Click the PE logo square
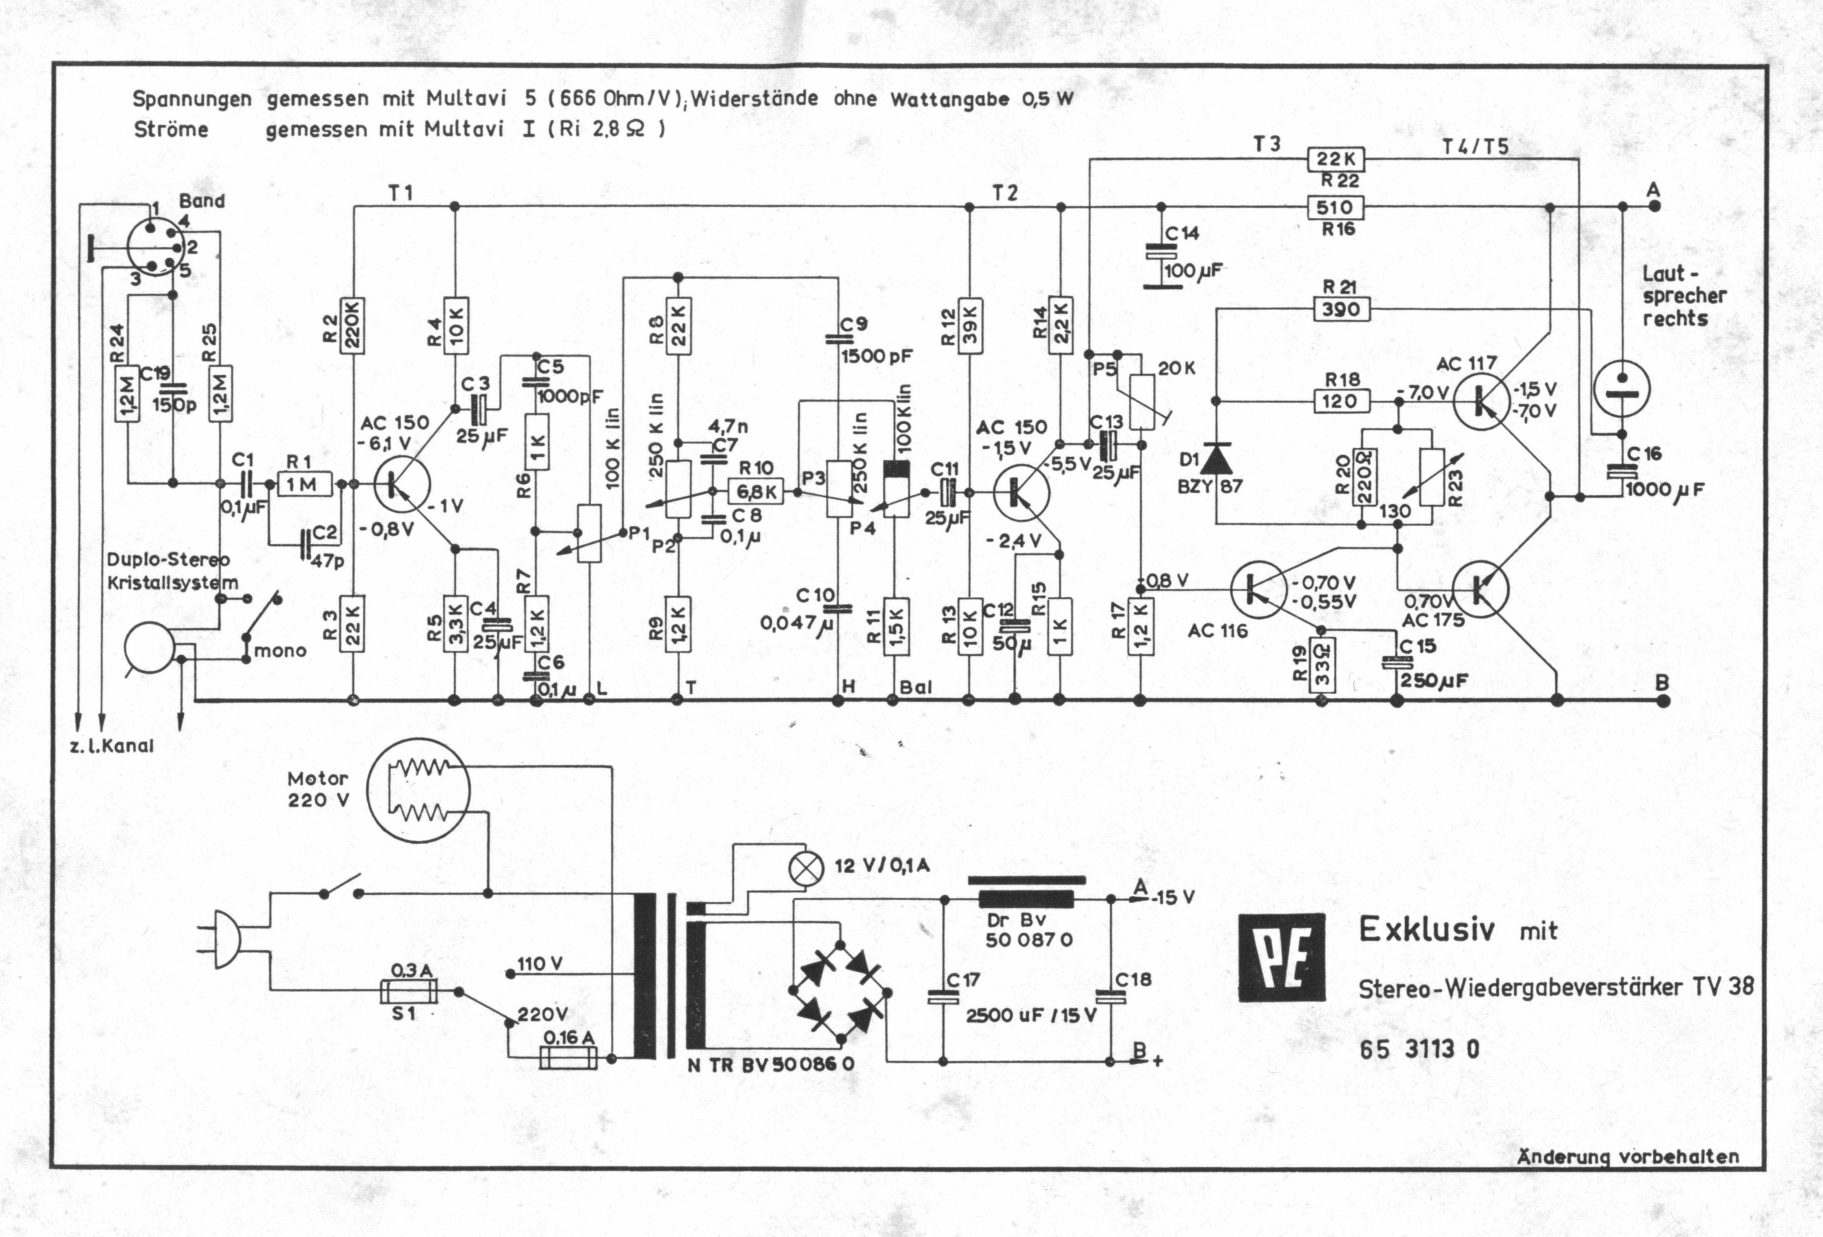click(1282, 958)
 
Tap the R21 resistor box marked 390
click(1341, 309)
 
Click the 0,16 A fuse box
click(569, 1057)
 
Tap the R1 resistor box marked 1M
click(304, 485)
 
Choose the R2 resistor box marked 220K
click(353, 326)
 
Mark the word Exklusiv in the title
click(1427, 929)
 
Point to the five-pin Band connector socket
click(154, 246)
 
